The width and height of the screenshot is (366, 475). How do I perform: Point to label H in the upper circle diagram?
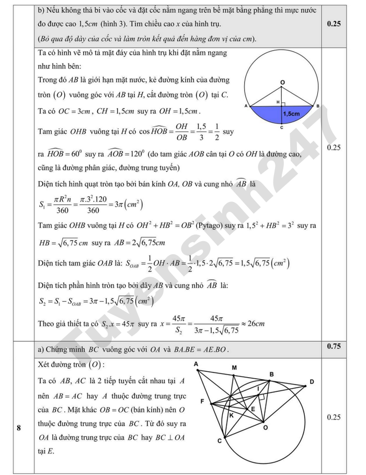click(278, 100)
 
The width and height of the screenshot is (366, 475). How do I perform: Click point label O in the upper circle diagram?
click(282, 83)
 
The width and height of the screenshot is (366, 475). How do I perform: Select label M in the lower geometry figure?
click(234, 368)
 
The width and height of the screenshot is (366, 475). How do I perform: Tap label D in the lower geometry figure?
click(312, 381)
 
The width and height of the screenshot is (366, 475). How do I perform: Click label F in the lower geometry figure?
click(202, 401)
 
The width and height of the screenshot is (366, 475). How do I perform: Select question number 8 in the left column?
click(19, 429)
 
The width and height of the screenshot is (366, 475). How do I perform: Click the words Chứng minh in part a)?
click(65, 349)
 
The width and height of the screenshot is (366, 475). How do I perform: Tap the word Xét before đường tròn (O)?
click(47, 365)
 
